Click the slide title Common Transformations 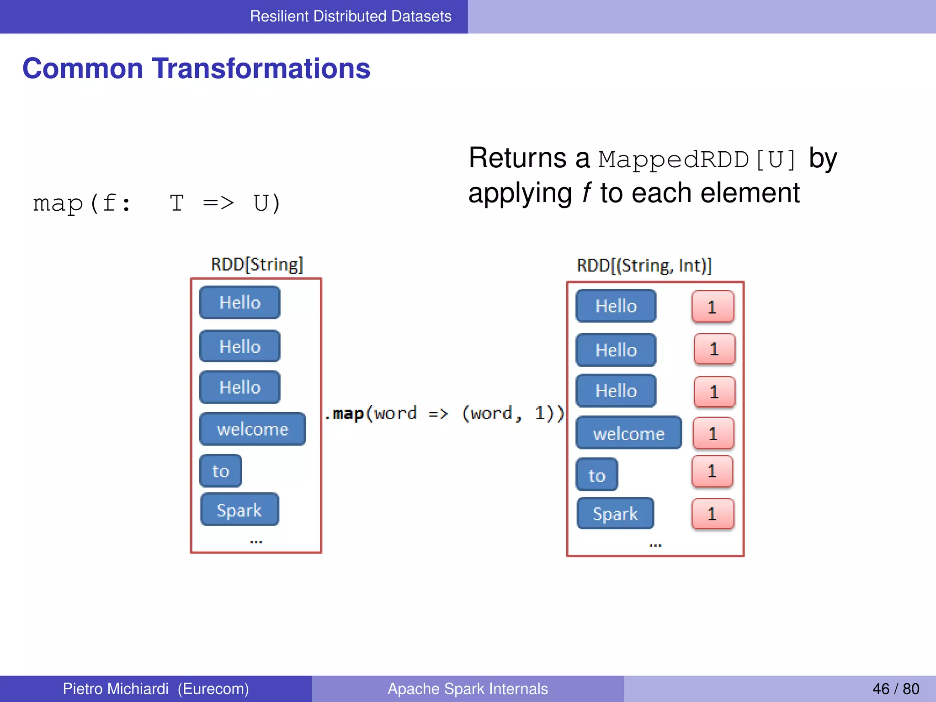[196, 69]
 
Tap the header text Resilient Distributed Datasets [351, 16]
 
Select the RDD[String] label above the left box [257, 265]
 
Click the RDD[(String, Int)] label [644, 266]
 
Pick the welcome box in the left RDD [253, 429]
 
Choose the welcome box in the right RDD [628, 433]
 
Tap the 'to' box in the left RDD [221, 471]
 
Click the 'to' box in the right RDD [597, 475]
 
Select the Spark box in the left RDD [239, 510]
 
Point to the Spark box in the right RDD [615, 513]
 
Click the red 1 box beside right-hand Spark [713, 514]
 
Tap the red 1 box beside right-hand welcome [713, 433]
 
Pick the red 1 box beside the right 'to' [712, 471]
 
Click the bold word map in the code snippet [348, 414]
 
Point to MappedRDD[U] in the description [697, 160]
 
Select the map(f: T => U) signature [157, 203]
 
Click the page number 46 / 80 [895, 689]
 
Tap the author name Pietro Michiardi [116, 689]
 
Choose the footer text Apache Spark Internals [468, 689]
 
